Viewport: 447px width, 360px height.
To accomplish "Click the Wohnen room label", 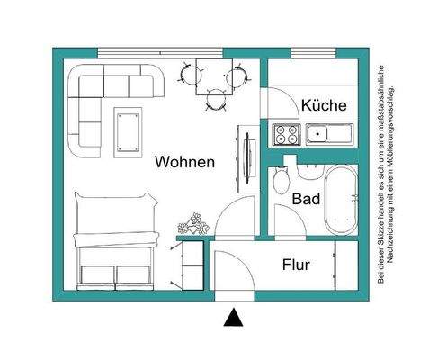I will point(184,163).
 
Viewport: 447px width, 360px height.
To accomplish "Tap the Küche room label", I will point(324,105).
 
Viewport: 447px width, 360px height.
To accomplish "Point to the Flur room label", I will point(296,265).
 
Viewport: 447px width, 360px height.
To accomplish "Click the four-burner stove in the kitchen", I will point(286,136).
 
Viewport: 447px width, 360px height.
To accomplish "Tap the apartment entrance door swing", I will point(231,270).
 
